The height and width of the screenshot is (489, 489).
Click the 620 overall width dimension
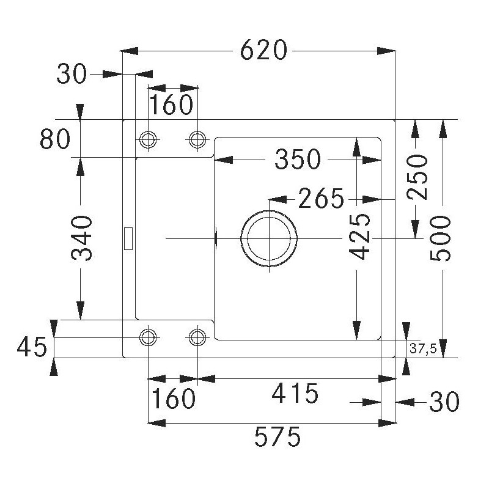click(263, 50)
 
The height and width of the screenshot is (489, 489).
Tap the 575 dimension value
click(278, 436)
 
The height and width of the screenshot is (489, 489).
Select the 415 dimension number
click(295, 393)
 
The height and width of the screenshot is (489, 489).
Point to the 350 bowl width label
click(298, 159)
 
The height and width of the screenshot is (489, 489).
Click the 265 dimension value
click(322, 198)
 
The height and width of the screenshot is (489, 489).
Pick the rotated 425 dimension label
click(360, 237)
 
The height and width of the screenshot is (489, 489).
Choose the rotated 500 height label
click(440, 238)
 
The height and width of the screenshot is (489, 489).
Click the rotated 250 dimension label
click(417, 177)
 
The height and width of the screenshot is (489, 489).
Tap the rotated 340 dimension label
click(82, 238)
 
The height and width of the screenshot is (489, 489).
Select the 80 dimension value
click(55, 139)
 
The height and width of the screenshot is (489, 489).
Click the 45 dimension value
click(32, 347)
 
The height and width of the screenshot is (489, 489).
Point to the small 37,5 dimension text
click(423, 349)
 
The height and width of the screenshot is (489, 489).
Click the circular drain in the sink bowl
click(269, 238)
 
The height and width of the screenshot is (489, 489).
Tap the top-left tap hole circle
click(148, 139)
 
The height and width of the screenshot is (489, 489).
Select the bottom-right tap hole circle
click(197, 337)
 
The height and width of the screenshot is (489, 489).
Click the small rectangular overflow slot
click(128, 238)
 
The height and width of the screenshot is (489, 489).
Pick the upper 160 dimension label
click(172, 105)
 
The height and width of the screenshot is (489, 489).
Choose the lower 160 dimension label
click(174, 399)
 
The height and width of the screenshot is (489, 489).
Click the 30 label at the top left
click(72, 73)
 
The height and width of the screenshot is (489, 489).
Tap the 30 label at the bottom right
click(444, 402)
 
